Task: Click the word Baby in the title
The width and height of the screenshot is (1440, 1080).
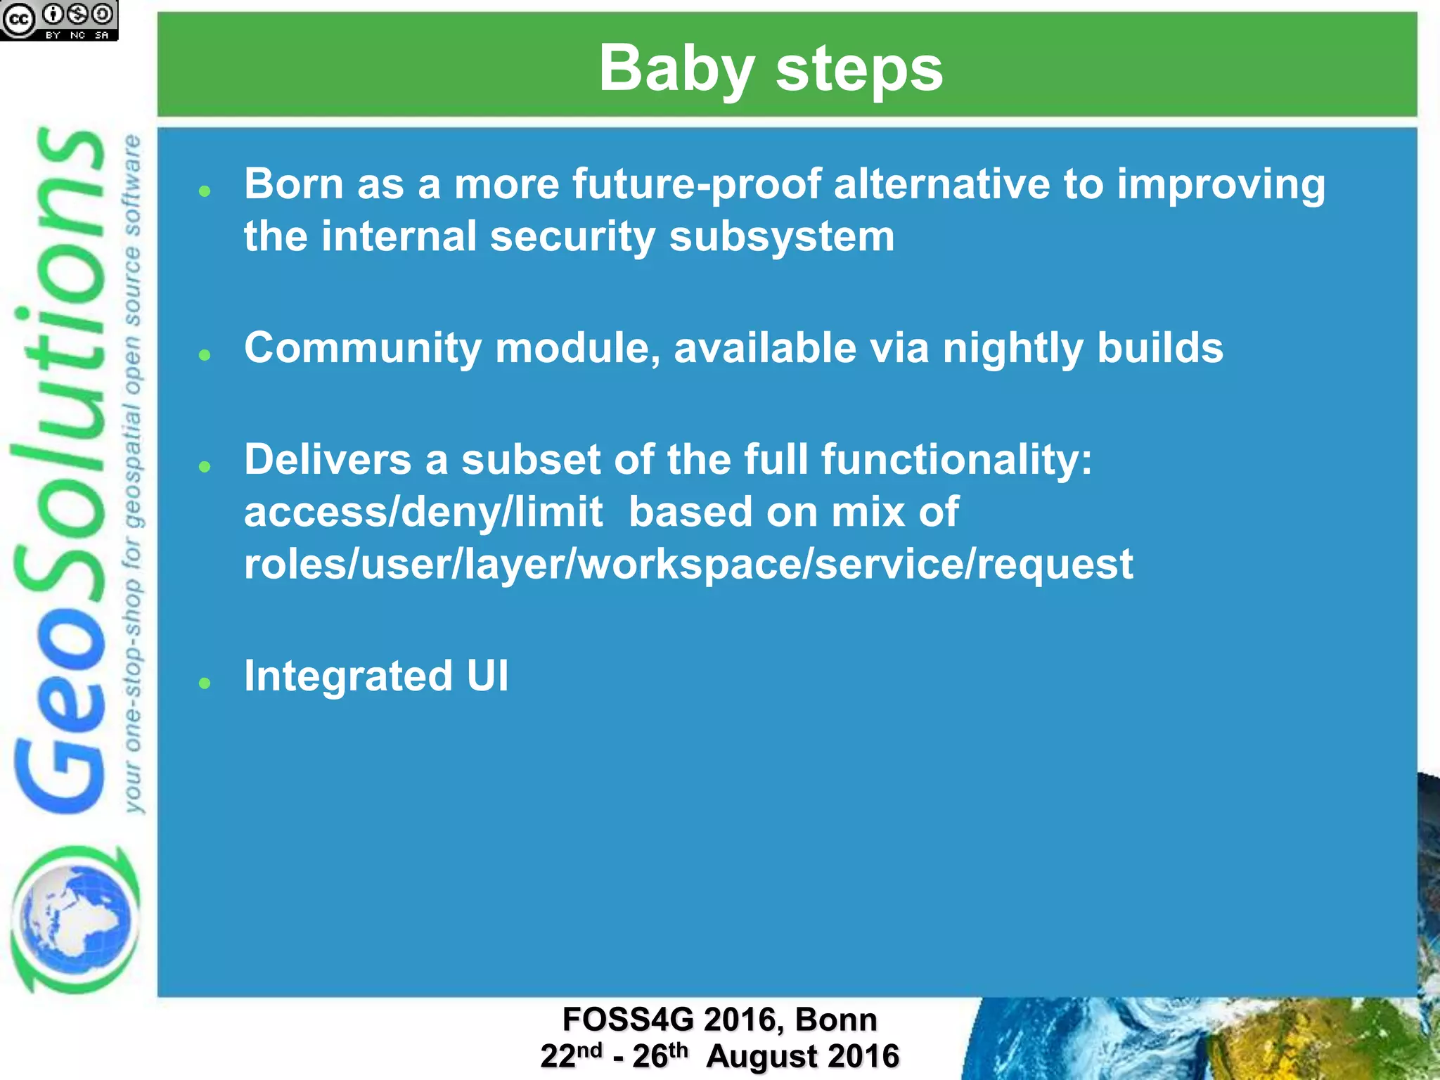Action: [675, 69]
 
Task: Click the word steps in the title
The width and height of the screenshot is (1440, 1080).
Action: [859, 69]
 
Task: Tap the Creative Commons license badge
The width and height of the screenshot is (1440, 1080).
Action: [58, 20]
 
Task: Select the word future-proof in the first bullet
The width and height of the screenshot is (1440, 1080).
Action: [696, 185]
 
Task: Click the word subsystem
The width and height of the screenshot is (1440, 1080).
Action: [781, 236]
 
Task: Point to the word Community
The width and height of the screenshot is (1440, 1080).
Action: [362, 348]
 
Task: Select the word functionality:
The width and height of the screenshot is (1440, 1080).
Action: [956, 460]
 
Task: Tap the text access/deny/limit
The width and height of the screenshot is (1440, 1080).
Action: [423, 512]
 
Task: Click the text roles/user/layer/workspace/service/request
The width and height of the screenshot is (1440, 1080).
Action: [688, 564]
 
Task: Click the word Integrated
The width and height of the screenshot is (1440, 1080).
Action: [348, 676]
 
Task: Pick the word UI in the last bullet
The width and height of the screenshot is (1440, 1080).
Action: [487, 676]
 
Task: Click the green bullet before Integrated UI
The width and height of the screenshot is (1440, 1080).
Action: [205, 683]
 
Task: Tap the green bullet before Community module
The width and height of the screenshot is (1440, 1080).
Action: [205, 355]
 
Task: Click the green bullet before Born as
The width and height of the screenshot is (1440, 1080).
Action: [205, 191]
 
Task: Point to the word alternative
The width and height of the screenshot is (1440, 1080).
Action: [941, 185]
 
